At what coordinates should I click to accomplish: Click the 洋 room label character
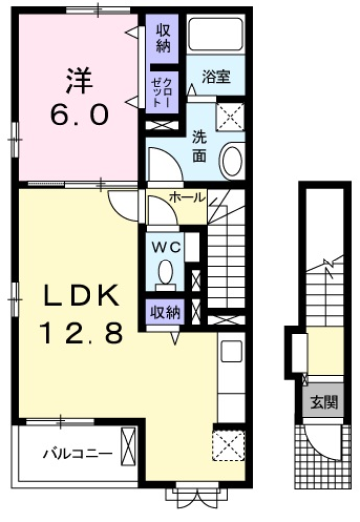tap(81, 77)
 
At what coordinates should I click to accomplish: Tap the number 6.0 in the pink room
tap(81, 114)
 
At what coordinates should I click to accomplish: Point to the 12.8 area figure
tap(82, 333)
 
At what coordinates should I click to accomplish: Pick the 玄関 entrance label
tap(322, 403)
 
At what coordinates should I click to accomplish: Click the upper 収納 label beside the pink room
tap(163, 38)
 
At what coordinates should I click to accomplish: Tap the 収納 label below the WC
tap(166, 313)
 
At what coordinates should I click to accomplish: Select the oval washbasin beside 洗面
tap(231, 160)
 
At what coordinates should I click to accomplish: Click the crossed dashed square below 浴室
tap(230, 117)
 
